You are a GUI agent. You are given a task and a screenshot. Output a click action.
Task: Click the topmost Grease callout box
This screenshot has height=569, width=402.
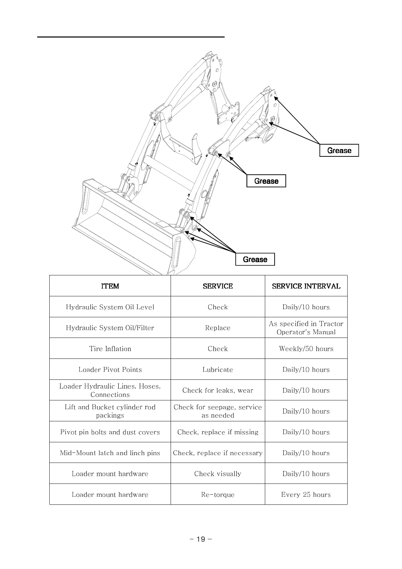(x=339, y=150)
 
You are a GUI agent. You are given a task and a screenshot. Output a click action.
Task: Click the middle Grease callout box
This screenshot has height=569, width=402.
(x=266, y=181)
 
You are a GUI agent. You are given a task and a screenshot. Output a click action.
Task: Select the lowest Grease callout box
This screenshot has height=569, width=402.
(x=255, y=259)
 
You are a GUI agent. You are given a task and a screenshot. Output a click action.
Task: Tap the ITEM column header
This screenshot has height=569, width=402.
(x=110, y=286)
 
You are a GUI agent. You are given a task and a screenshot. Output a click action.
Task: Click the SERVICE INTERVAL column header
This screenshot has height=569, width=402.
(x=306, y=286)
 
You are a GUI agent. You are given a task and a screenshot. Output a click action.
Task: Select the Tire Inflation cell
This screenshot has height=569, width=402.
(x=110, y=349)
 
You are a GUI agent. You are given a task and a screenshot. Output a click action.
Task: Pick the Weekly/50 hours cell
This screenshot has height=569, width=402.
(x=306, y=349)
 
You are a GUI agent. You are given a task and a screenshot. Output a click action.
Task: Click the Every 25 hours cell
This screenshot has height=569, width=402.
(x=306, y=495)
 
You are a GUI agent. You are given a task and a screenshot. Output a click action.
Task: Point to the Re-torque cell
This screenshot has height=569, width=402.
(x=218, y=495)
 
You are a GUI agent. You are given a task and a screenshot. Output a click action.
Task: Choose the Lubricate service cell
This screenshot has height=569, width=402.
(x=218, y=370)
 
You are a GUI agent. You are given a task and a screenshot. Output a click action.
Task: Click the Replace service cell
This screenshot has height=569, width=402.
(x=218, y=328)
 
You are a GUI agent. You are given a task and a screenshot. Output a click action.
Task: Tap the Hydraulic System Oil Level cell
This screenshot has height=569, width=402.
(x=110, y=307)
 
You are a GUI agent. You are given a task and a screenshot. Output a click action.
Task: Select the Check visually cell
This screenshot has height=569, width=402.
(x=218, y=474)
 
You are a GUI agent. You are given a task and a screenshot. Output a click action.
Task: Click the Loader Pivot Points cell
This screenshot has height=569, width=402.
(x=110, y=370)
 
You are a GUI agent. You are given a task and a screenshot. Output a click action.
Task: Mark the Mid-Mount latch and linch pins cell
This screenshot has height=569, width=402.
(x=110, y=453)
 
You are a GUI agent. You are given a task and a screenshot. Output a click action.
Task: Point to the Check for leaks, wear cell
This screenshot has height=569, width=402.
(x=218, y=390)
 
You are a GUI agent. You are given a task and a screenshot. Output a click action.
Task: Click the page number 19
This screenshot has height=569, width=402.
(x=201, y=539)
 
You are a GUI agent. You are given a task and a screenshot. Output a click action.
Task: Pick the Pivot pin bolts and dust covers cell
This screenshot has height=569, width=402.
(x=110, y=432)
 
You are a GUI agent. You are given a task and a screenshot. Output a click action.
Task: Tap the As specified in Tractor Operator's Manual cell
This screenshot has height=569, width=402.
(x=306, y=328)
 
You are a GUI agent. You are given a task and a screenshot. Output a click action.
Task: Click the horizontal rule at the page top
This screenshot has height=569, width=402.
(x=131, y=36)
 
